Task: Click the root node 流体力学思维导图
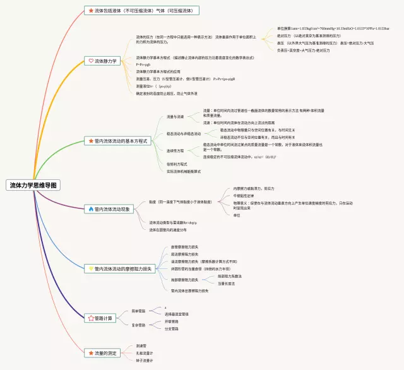33,186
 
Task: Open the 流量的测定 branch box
103,352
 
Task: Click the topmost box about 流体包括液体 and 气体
142,11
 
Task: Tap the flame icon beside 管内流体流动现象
91,209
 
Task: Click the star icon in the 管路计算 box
91,318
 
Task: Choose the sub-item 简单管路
138,311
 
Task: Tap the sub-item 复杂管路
138,325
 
